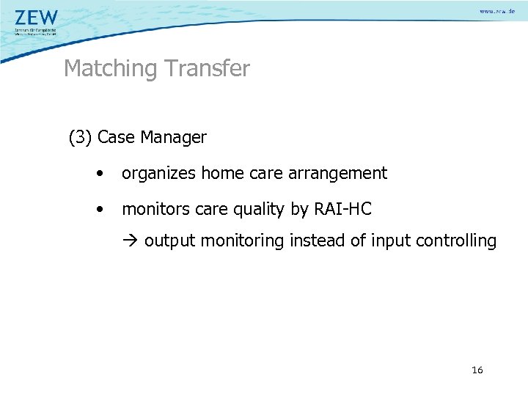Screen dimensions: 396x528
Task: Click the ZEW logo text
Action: pos(36,17)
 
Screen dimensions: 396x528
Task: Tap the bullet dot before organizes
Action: pos(99,174)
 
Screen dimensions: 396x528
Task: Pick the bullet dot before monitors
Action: pos(99,210)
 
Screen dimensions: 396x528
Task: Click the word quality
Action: pos(259,210)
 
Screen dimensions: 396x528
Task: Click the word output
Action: pos(169,241)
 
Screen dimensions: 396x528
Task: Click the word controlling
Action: pos(462,241)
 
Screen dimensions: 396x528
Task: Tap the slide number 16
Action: pos(477,370)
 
